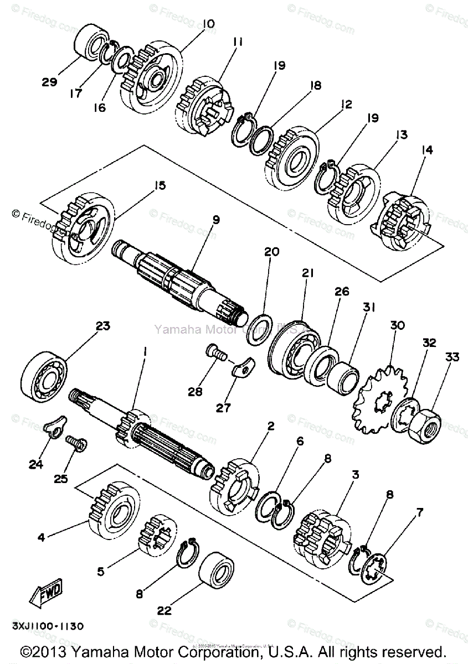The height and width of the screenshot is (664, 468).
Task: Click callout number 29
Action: [49, 82]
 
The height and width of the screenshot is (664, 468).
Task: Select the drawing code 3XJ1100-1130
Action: [47, 627]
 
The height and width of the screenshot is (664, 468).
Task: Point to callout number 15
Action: [160, 185]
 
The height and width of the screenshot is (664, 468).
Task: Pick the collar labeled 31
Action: [342, 379]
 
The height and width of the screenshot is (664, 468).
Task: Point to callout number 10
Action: [209, 24]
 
